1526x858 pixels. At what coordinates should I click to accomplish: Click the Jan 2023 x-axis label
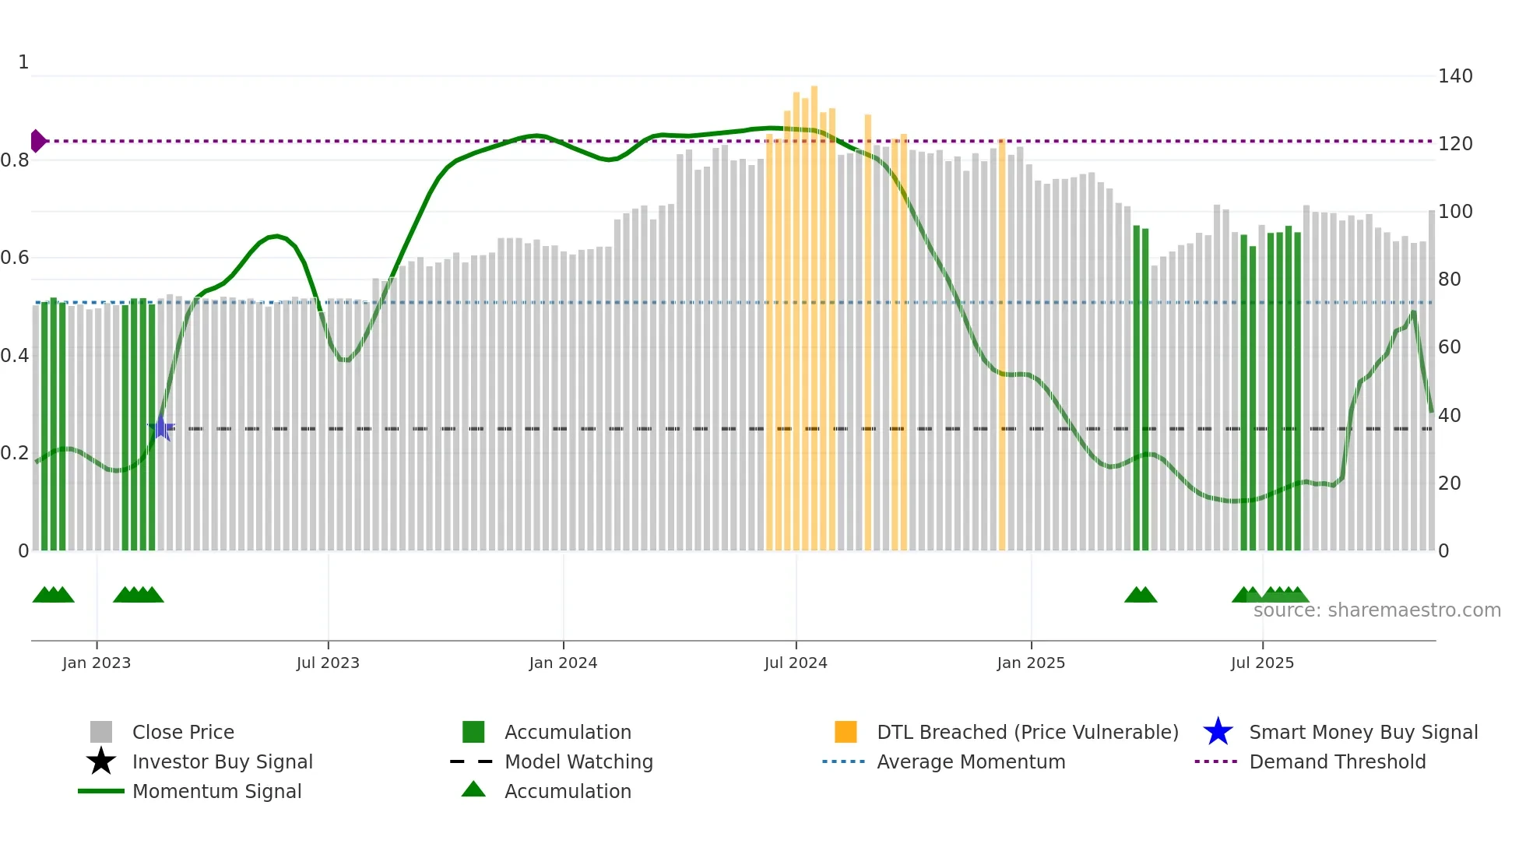[x=97, y=663]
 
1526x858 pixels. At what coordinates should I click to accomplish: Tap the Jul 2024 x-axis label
[x=796, y=663]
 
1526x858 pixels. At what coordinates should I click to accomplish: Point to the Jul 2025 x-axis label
[x=1262, y=663]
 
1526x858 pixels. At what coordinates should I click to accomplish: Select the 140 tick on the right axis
[x=1454, y=76]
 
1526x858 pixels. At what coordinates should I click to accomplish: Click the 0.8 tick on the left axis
[x=15, y=160]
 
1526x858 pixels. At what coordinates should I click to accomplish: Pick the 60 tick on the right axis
[x=1449, y=347]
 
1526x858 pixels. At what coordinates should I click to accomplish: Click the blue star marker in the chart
[x=161, y=428]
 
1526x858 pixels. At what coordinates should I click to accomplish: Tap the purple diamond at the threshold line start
[x=37, y=141]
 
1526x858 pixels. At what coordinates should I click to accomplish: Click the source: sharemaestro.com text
[x=1377, y=610]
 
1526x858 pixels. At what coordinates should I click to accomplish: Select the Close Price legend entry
[x=183, y=732]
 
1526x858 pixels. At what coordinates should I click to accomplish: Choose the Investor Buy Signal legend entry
[x=222, y=761]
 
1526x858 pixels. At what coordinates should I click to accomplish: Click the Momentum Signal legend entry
[x=216, y=791]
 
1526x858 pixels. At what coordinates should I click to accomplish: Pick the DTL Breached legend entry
[x=1027, y=732]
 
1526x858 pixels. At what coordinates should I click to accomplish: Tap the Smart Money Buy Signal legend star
[x=1218, y=732]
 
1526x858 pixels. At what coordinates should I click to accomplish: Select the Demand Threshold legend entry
[x=1337, y=761]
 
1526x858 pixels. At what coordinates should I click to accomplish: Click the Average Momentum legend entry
[x=970, y=761]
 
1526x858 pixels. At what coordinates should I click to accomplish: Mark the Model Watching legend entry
[x=578, y=761]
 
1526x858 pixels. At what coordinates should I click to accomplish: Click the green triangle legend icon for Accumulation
[x=473, y=789]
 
